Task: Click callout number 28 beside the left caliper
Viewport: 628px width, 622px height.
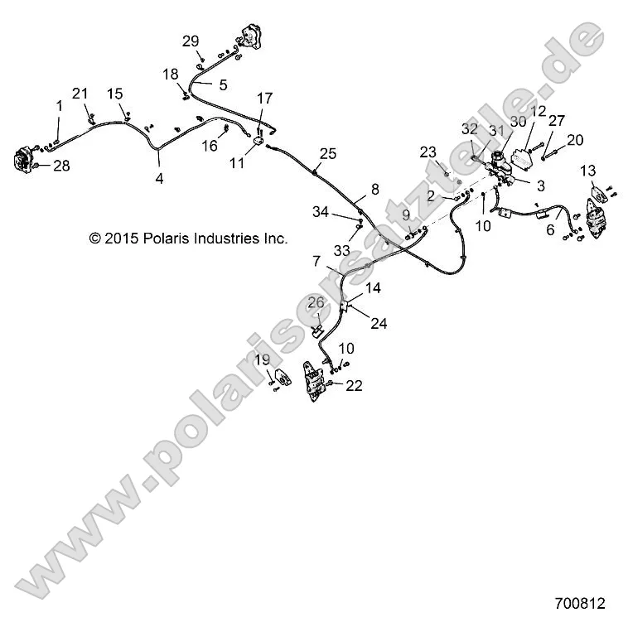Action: coord(61,166)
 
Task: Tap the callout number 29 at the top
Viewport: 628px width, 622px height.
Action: coord(191,41)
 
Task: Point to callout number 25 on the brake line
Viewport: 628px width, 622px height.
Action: coord(328,153)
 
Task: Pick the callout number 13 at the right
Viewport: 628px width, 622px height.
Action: coord(587,171)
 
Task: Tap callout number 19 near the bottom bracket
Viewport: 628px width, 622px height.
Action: coord(262,359)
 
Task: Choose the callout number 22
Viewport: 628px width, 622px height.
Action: coord(354,385)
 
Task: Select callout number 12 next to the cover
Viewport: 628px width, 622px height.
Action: coord(538,111)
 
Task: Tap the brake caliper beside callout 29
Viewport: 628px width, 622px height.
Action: coord(249,38)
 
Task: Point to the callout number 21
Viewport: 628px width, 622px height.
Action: coord(80,94)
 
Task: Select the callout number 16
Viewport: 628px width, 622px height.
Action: coord(210,146)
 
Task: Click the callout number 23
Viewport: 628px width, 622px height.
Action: coord(428,152)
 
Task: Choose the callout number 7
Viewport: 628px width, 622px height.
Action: coord(316,261)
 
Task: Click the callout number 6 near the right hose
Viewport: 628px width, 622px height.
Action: coord(549,231)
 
